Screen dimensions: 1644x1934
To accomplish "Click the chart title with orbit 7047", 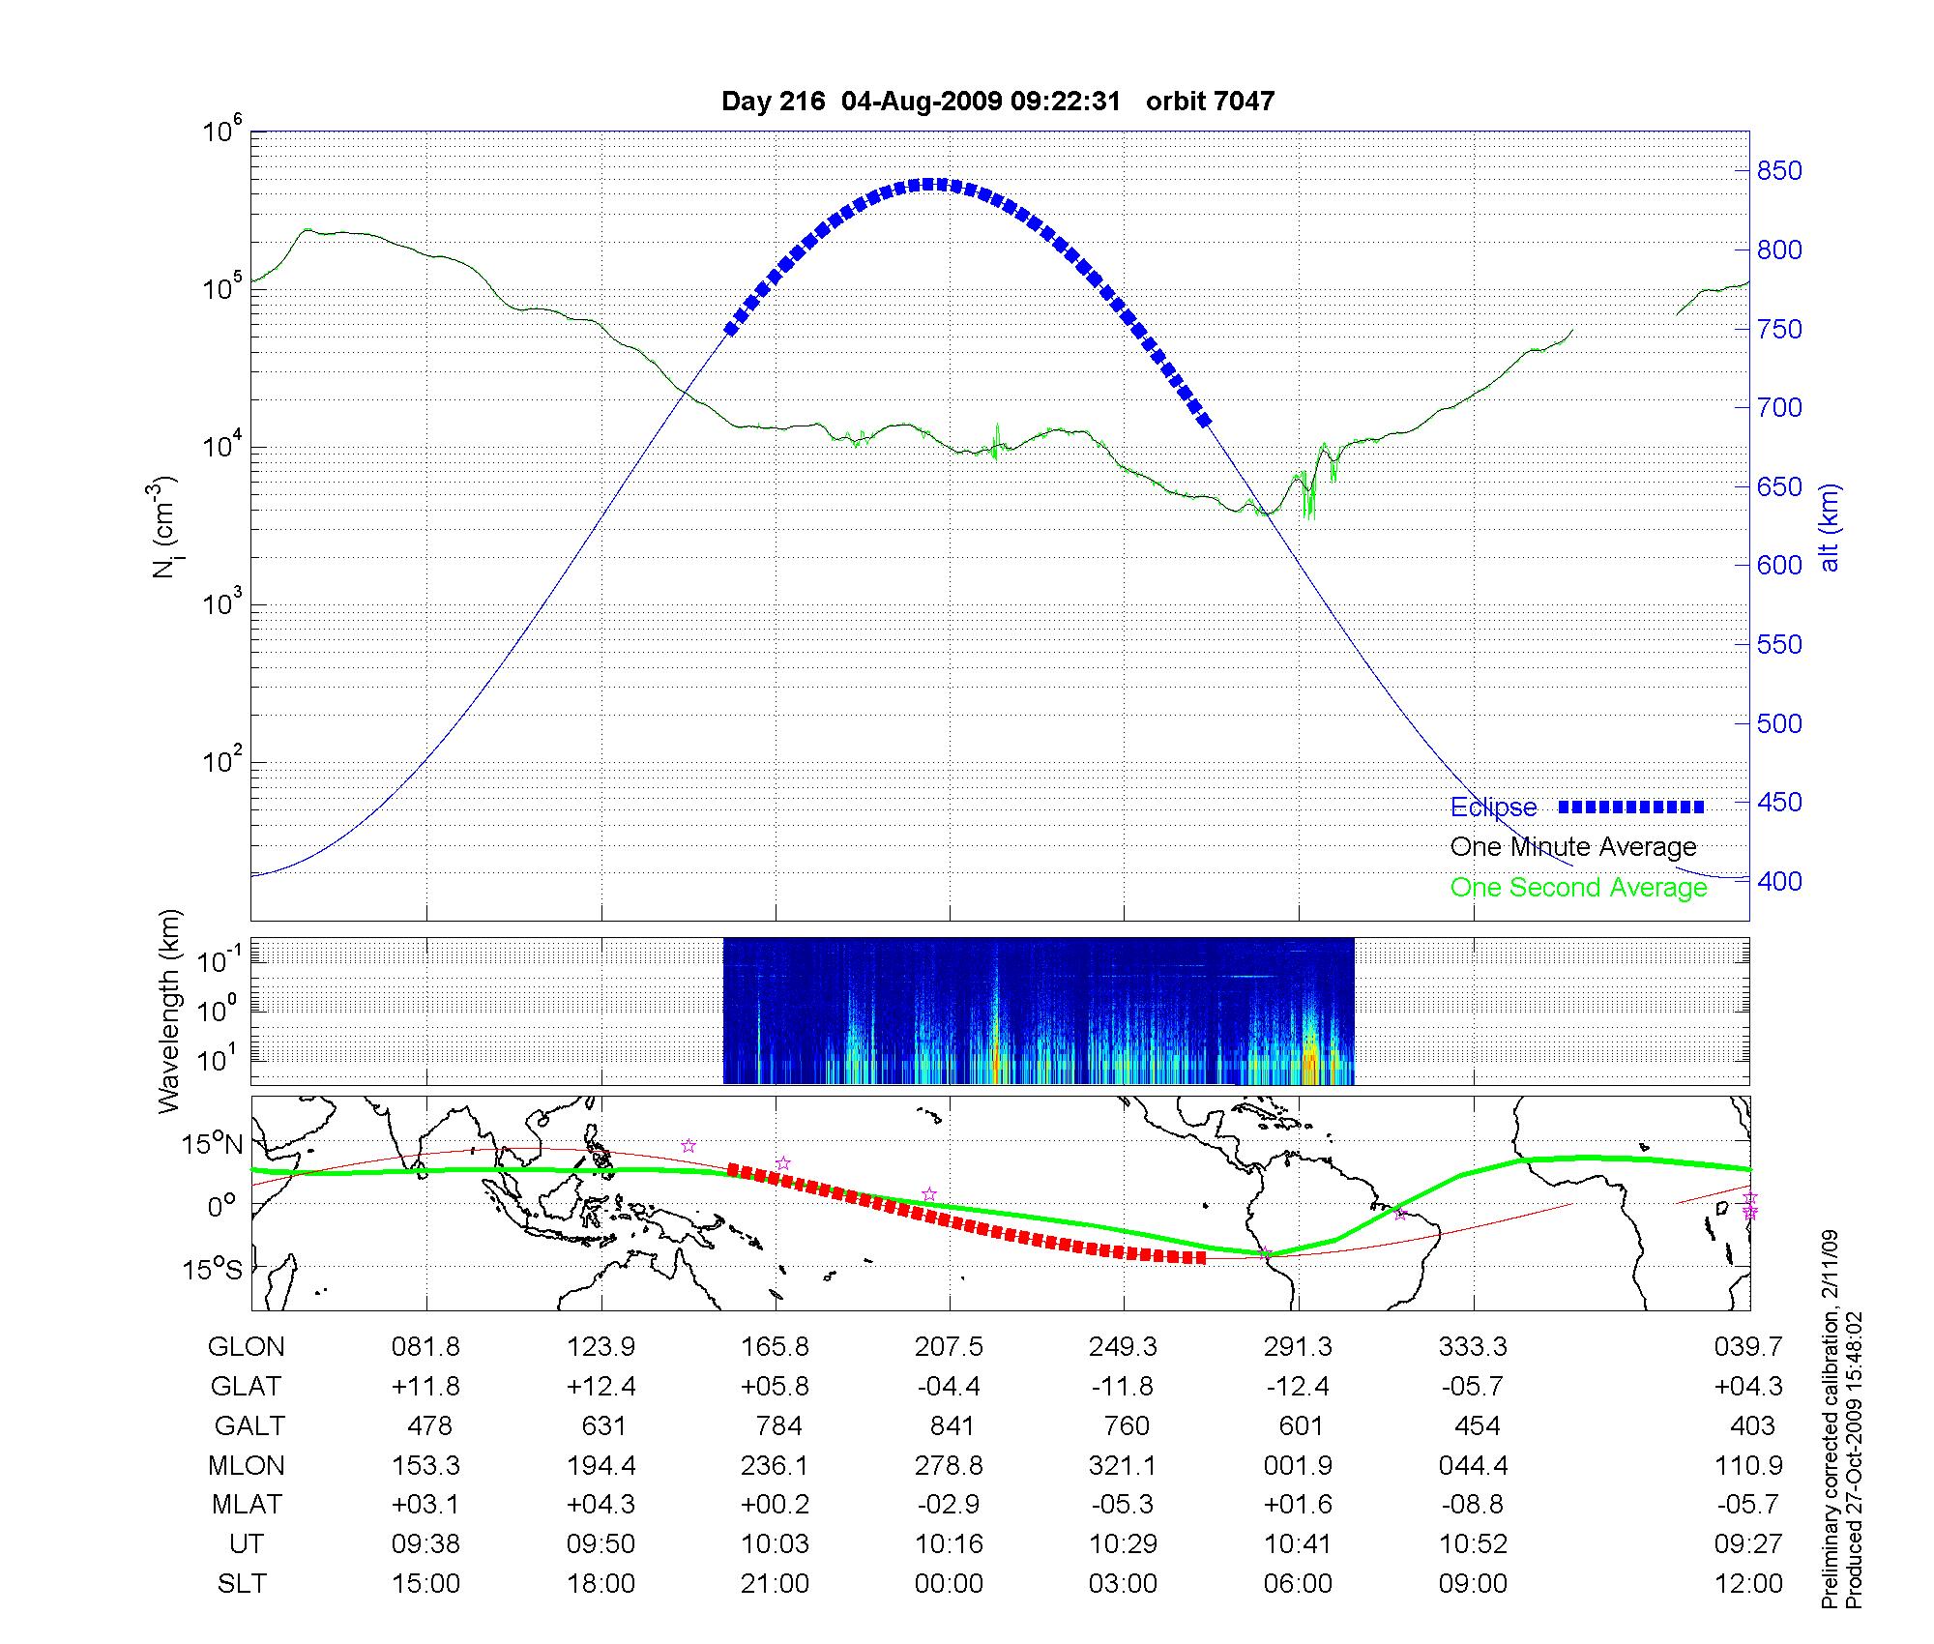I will tap(997, 101).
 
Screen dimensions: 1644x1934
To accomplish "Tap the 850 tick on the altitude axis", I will tap(1779, 171).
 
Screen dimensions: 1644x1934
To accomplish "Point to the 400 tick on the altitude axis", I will tap(1779, 881).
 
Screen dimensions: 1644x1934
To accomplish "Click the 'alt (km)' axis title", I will tap(1829, 528).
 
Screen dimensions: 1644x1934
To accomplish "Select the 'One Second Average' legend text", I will tap(1578, 887).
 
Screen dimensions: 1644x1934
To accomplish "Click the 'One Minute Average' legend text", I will tap(1573, 847).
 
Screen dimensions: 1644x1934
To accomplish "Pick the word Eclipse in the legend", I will tap(1493, 807).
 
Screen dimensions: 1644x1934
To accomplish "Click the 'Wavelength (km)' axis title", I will tap(169, 1011).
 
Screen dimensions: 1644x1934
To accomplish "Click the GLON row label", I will tap(247, 1346).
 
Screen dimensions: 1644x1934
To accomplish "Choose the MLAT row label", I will tap(247, 1505).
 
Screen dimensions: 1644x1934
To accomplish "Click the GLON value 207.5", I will tap(949, 1346).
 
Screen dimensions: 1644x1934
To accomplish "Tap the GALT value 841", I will tap(952, 1425).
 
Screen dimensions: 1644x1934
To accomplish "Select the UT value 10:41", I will tap(1298, 1544).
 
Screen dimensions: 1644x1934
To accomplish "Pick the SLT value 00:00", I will tap(949, 1584).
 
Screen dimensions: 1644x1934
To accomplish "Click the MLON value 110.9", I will tap(1748, 1465).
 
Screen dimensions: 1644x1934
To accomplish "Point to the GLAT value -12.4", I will tap(1298, 1386).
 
